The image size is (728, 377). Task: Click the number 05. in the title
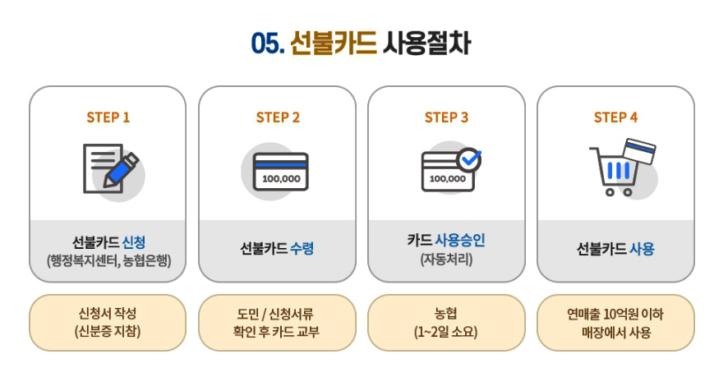click(267, 43)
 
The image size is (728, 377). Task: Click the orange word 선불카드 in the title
click(333, 43)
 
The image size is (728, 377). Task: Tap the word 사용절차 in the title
click(426, 43)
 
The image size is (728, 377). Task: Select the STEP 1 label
click(108, 117)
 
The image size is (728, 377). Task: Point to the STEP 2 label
click(278, 117)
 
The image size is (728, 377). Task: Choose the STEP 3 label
click(446, 117)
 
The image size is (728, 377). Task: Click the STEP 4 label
click(615, 117)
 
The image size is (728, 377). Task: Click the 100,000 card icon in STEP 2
click(280, 172)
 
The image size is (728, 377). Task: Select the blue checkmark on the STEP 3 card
click(470, 159)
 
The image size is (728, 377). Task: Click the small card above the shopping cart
click(638, 151)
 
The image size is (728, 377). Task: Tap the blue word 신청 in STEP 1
click(133, 241)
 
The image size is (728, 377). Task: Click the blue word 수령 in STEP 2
click(302, 248)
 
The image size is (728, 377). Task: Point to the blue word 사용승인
click(460, 241)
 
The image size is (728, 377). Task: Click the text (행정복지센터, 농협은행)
click(108, 262)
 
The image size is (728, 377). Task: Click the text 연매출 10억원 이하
click(615, 314)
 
